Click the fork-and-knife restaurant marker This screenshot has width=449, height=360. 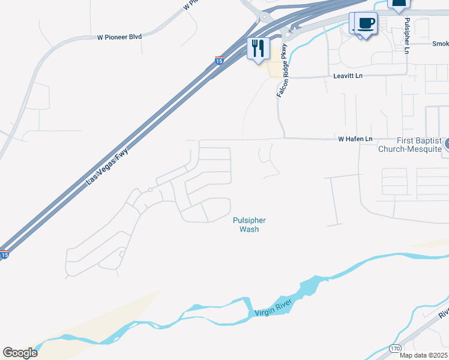[x=259, y=49]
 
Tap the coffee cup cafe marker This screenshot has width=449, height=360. [x=366, y=25]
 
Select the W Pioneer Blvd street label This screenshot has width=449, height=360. [x=119, y=37]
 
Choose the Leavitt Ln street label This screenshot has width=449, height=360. [x=348, y=76]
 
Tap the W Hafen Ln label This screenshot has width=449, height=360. [x=355, y=139]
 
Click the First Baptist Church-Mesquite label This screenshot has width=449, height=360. [x=410, y=144]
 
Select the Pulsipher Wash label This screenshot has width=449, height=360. [x=249, y=224]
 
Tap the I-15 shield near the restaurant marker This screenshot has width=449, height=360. [x=220, y=61]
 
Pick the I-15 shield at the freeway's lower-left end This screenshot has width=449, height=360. [x=4, y=254]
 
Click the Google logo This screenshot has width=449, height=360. [x=20, y=352]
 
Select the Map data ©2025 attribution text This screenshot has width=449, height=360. [x=424, y=355]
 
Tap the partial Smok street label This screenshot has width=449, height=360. [x=440, y=44]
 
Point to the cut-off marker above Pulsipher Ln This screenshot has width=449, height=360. [x=399, y=4]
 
